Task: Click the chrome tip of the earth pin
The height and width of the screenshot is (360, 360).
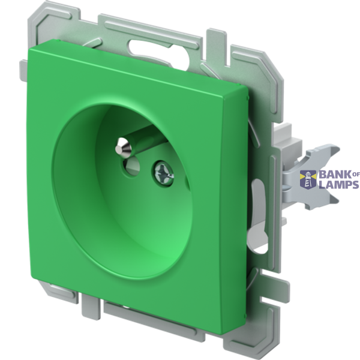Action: tap(123, 147)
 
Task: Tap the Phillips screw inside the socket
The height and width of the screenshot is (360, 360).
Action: tap(163, 173)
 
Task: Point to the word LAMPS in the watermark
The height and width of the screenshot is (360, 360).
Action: tap(339, 185)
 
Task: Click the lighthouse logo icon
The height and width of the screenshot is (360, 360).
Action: tap(308, 179)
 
